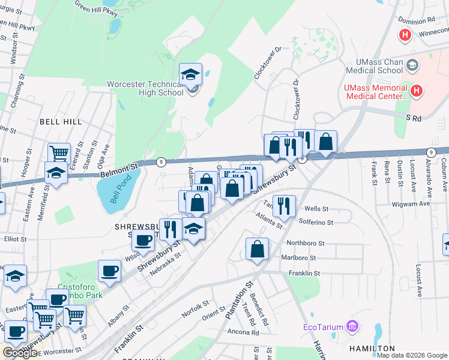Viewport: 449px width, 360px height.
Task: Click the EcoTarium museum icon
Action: tap(353, 327)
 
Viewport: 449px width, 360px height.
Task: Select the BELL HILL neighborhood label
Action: tap(61, 121)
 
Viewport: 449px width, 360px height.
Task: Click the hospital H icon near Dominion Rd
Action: tap(405, 35)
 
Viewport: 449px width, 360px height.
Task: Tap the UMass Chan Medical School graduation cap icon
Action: tap(412, 64)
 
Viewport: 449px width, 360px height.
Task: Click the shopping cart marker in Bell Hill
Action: tap(59, 153)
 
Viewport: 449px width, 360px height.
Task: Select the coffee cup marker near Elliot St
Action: tap(143, 240)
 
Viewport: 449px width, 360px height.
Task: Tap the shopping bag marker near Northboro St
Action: tap(257, 249)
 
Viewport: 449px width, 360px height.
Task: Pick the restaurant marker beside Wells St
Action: tap(284, 206)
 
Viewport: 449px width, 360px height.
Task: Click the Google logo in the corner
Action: tap(20, 353)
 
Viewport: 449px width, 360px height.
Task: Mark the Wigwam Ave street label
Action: tap(414, 204)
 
